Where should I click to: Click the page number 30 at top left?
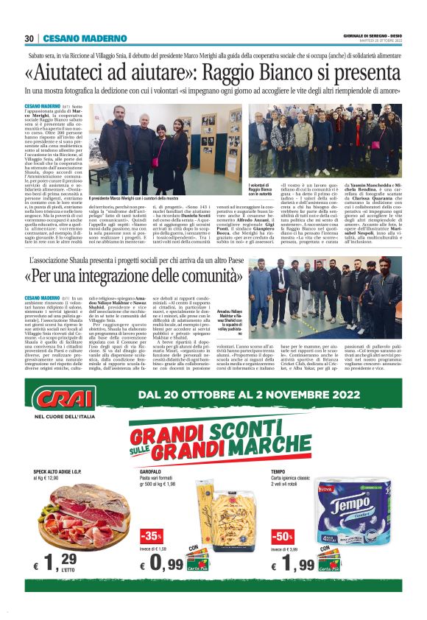click(x=29, y=38)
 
